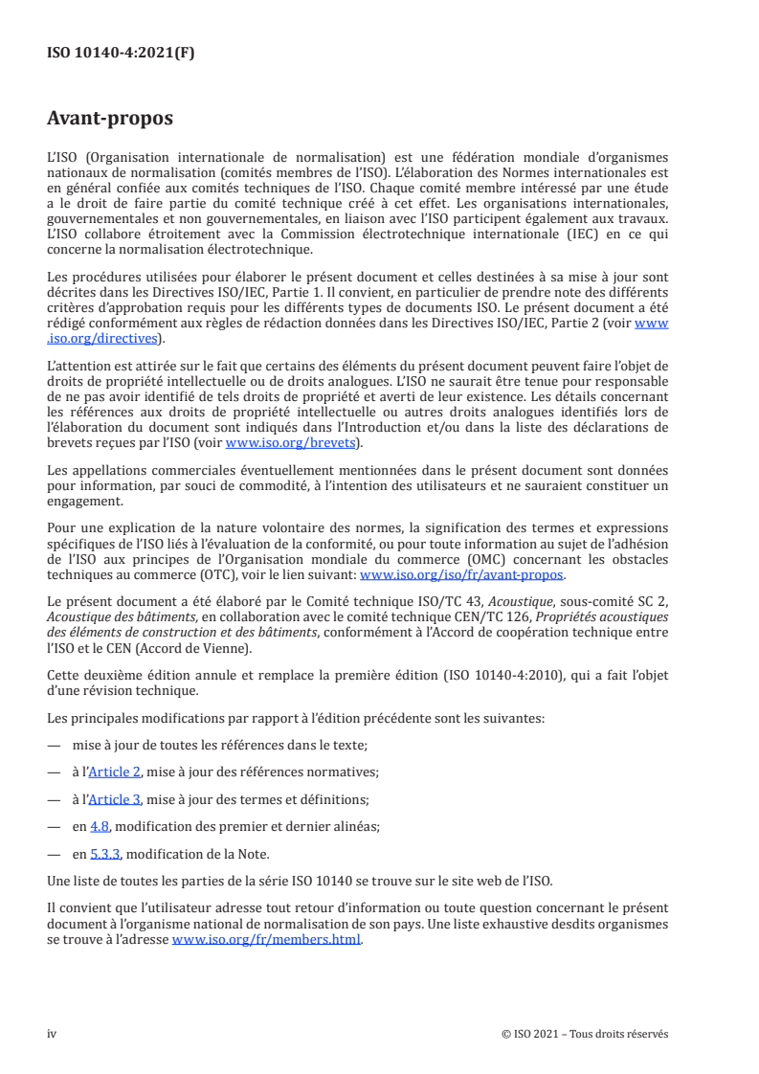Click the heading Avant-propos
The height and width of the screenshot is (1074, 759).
coord(110,120)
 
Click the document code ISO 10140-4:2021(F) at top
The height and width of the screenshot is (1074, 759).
coord(121,54)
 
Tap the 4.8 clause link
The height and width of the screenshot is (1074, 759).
coord(100,827)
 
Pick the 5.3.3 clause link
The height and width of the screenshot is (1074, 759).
coord(103,855)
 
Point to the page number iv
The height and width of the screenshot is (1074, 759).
coord(52,1034)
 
